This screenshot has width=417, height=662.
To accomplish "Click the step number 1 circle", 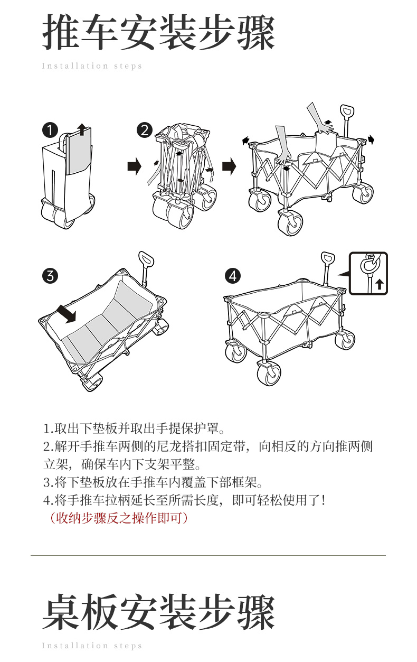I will point(50,130).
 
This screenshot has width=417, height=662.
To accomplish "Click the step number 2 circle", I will point(144,130).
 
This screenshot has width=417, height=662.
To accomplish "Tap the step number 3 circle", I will point(50,275).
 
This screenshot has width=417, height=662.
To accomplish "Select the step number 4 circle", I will point(232,275).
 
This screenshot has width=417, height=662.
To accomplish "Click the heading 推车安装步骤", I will point(158,33).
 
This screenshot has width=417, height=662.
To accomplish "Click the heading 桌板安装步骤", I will point(158,613).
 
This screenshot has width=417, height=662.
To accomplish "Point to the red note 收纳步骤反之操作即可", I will point(116,518).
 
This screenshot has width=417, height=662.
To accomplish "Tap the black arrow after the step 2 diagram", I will point(229,167).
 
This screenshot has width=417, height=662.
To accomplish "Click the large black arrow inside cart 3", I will point(67,313).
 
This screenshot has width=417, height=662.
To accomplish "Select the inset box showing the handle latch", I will point(368,273).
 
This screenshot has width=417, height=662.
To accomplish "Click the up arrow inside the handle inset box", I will point(379,285).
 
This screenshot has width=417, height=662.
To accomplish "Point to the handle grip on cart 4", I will point(327,260).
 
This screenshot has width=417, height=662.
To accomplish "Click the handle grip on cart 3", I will point(145,258).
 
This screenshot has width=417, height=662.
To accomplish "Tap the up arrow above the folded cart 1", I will point(81,128).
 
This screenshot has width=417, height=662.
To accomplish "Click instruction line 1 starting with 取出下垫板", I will point(135,427).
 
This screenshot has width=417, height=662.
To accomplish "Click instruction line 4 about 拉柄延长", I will point(184,500).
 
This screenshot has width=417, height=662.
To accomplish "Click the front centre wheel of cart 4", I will point(269,374).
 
